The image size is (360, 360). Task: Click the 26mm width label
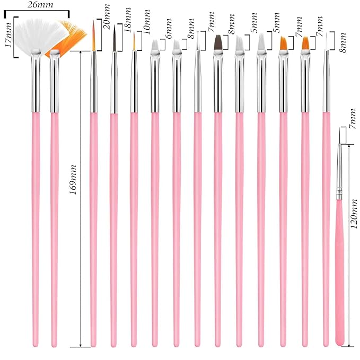[x=40, y=5]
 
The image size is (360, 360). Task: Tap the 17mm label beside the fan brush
[x=8, y=34]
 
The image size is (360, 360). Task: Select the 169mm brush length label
[x=73, y=180]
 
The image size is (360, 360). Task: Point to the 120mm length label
[x=354, y=214]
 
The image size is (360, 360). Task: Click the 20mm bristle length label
[x=107, y=16]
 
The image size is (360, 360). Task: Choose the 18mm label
[x=127, y=20]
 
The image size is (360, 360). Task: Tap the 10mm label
[x=147, y=22]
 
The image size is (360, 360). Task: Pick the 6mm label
[x=168, y=29]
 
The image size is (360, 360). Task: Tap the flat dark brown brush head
[x=218, y=43]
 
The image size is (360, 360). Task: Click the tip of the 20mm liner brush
[x=94, y=20]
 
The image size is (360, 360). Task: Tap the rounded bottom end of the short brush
[x=340, y=345]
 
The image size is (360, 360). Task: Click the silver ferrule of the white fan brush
[x=36, y=81]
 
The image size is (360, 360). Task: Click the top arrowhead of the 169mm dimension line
[x=81, y=53]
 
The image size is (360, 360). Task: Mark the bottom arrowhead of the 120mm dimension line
[x=349, y=345]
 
